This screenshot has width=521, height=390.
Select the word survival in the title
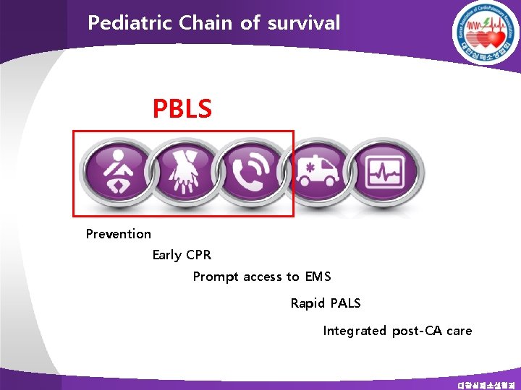click(x=303, y=23)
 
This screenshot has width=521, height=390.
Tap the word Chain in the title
click(x=198, y=23)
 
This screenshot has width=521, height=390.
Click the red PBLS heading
click(x=182, y=109)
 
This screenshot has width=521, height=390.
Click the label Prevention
click(x=119, y=234)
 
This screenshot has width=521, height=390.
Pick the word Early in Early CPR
click(x=166, y=255)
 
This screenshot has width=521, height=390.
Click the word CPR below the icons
click(x=199, y=255)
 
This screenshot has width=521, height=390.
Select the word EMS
click(x=318, y=277)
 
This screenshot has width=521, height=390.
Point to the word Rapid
click(x=308, y=303)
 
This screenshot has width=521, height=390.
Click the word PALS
click(x=345, y=303)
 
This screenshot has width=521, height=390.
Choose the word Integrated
click(x=355, y=331)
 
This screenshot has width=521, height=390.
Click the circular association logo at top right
click(x=485, y=32)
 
